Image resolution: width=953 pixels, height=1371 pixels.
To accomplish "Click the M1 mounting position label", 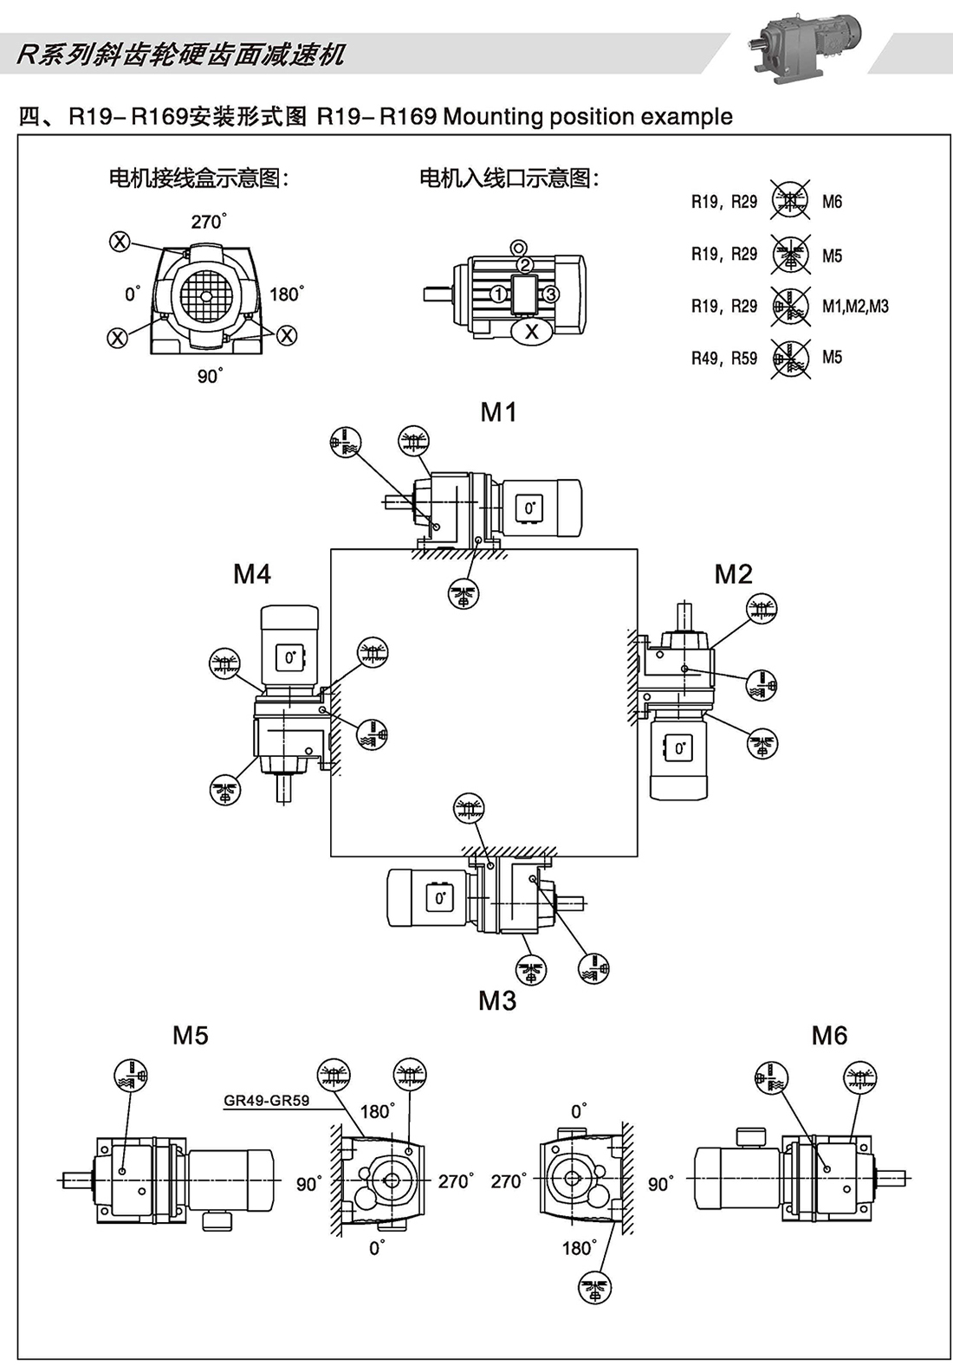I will pos(498,412).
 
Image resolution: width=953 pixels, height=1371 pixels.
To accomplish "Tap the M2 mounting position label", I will pos(733,574).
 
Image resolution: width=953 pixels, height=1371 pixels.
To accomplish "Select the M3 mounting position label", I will pos(497,1001).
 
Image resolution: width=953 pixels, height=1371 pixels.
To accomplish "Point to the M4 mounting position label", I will pos(252,574).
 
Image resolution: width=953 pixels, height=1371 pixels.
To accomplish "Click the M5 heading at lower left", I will pos(191,1036).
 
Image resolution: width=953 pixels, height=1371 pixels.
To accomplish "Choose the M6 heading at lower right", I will pos(829,1036).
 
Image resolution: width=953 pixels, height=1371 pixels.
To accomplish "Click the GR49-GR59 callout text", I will pos(266,1101).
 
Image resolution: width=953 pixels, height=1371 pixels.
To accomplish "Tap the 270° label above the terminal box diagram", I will pos(209,222).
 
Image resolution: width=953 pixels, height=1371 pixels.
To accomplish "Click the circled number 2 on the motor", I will pos(524,265).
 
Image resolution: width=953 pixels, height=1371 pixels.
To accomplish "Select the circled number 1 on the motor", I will pos(497,294).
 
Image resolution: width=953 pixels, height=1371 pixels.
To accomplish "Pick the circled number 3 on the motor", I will pos(550,294).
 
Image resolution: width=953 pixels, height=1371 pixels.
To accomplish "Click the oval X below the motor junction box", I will pos(532,331).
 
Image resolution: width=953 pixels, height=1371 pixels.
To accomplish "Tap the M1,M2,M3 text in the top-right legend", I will pos(855,307).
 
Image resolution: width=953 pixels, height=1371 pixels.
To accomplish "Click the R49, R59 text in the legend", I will pos(724,358).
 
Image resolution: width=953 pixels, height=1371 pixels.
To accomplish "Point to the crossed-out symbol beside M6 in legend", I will pos(790,202).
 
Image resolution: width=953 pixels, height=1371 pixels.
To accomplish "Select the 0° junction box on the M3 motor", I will pos(439,898).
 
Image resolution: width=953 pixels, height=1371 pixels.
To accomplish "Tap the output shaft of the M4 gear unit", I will pos(284,789).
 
